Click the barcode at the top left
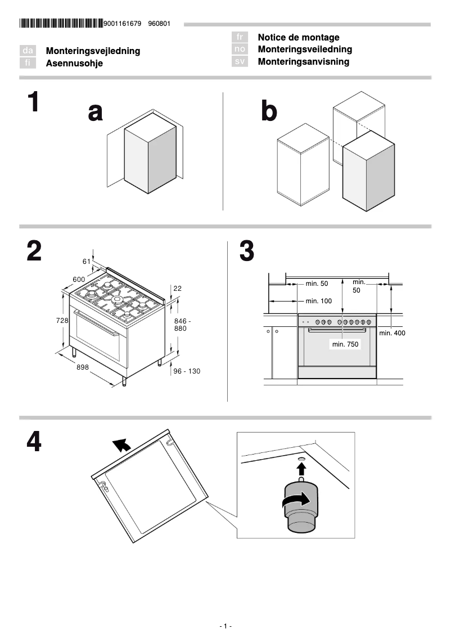[x=61, y=24]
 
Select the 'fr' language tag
[x=240, y=37]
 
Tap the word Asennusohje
[x=74, y=64]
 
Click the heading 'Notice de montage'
[x=298, y=37]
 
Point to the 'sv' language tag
[x=240, y=62]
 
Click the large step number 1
[x=34, y=103]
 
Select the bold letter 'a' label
[x=96, y=113]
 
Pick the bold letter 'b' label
[x=269, y=113]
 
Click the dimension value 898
[x=83, y=367]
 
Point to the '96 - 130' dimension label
[x=186, y=371]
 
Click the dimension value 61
[x=87, y=261]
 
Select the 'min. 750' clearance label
[x=345, y=344]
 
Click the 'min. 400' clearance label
[x=392, y=333]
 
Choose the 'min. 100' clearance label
[x=319, y=301]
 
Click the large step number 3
[x=246, y=251]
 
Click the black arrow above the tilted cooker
[x=121, y=446]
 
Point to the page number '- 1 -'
[x=225, y=626]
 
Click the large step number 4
[x=34, y=442]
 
